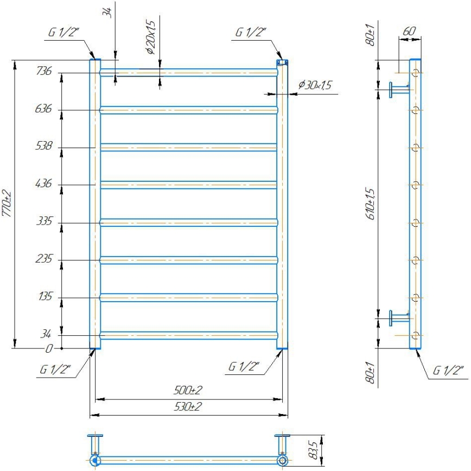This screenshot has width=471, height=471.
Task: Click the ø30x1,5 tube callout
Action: click(x=315, y=86)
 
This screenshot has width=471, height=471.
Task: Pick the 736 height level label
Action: click(x=44, y=71)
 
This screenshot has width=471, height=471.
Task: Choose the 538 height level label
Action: click(x=44, y=146)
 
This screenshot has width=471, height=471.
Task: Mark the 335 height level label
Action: click(x=44, y=221)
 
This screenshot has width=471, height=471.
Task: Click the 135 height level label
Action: click(x=44, y=297)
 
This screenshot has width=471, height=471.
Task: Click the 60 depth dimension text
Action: click(x=410, y=31)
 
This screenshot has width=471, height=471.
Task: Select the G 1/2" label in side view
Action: click(x=448, y=371)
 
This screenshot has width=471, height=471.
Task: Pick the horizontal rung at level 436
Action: click(x=188, y=184)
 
